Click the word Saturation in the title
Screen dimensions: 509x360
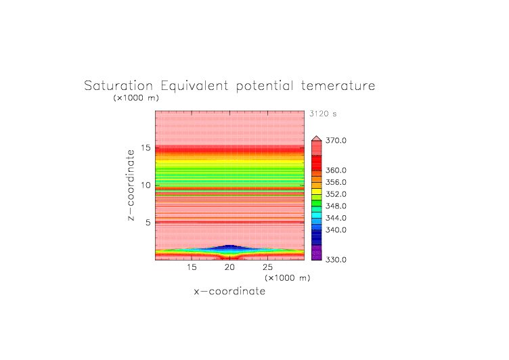point(118,86)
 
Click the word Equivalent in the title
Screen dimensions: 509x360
point(194,87)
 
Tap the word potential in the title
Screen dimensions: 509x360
point(265,87)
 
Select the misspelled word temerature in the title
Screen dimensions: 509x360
point(338,86)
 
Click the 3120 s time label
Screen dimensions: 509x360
point(323,114)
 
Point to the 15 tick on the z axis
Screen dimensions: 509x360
point(146,148)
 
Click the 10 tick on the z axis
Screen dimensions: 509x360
point(146,185)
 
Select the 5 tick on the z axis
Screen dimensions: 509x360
point(148,223)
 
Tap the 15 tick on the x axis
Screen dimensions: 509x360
point(192,267)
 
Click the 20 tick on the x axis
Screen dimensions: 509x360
point(229,267)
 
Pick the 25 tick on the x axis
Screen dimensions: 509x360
point(267,267)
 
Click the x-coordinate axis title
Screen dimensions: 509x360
point(229,291)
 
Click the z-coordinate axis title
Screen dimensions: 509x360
point(131,185)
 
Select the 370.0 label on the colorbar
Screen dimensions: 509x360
point(336,141)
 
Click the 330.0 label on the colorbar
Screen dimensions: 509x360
point(336,260)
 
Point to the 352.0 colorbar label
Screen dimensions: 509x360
point(336,194)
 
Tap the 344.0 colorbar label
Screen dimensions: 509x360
point(336,218)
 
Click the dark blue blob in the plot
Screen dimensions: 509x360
point(229,248)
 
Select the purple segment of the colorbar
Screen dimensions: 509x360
point(317,252)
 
